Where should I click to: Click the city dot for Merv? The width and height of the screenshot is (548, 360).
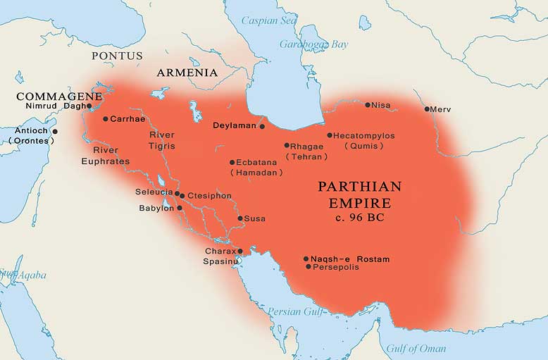427,109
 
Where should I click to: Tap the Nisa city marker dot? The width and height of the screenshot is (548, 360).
368,105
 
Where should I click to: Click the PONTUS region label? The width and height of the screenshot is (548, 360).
117,56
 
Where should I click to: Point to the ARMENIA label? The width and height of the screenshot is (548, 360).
187,73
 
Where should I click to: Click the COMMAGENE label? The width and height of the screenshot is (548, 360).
59,96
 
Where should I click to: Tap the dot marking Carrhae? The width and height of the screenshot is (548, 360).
106,118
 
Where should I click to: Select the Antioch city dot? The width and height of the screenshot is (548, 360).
55,131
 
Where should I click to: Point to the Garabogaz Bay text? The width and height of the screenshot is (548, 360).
313,44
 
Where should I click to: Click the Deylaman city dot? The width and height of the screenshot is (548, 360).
262,127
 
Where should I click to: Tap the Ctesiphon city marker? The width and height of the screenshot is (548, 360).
182,195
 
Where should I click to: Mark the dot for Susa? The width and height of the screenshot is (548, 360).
240,218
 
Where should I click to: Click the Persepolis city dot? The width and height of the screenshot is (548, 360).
308,267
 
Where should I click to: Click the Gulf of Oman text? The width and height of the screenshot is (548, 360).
415,348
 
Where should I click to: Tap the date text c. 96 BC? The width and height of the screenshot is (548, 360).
359,218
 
